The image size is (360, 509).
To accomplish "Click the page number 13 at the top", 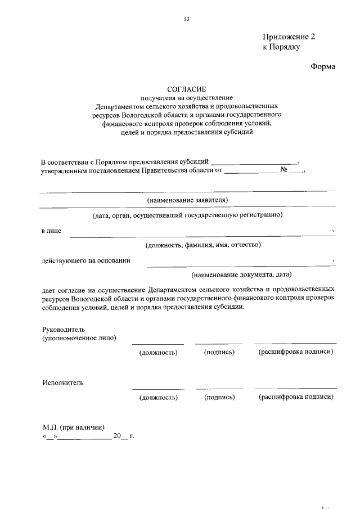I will pyautogui.click(x=187, y=19).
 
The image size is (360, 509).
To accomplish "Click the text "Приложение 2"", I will pyautogui.click(x=289, y=37).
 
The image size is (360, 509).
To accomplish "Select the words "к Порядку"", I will pyautogui.click(x=281, y=47).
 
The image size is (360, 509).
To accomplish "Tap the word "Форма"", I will pyautogui.click(x=323, y=67).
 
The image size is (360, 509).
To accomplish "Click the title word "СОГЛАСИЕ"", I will pyautogui.click(x=187, y=89).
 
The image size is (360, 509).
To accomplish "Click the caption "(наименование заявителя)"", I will pyautogui.click(x=187, y=200).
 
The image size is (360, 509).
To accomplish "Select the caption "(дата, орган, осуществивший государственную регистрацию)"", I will pyautogui.click(x=187, y=215).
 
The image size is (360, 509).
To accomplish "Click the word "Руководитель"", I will pyautogui.click(x=63, y=328).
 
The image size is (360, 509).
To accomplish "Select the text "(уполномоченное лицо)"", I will pyautogui.click(x=79, y=338).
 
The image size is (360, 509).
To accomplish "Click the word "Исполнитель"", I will pyautogui.click(x=63, y=383).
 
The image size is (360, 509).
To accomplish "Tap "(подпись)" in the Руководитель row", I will pyautogui.click(x=219, y=352).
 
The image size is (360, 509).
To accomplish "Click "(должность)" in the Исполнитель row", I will pyautogui.click(x=159, y=397).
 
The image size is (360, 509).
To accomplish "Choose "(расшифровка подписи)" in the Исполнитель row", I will pyautogui.click(x=296, y=397).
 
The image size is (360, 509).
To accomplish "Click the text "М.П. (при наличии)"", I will pyautogui.click(x=73, y=426).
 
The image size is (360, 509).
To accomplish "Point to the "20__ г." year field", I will pyautogui.click(x=124, y=436).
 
